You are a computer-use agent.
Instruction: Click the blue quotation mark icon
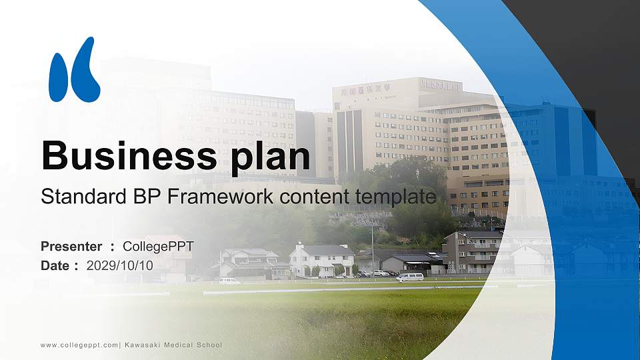pyautogui.click(x=74, y=70)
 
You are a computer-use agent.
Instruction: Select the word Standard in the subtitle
pyautogui.click(x=79, y=197)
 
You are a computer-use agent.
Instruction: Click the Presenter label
pyautogui.click(x=71, y=247)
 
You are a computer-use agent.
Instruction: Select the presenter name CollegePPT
pyautogui.click(x=158, y=247)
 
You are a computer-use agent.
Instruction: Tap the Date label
pyautogui.click(x=55, y=265)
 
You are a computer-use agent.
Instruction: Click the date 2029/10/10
pyautogui.click(x=120, y=265)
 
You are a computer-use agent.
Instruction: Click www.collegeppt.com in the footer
pyautogui.click(x=79, y=345)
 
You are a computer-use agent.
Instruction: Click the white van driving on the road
pyautogui.click(x=410, y=277)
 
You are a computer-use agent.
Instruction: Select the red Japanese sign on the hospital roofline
pyautogui.click(x=366, y=89)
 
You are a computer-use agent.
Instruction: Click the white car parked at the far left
pyautogui.click(x=230, y=281)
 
